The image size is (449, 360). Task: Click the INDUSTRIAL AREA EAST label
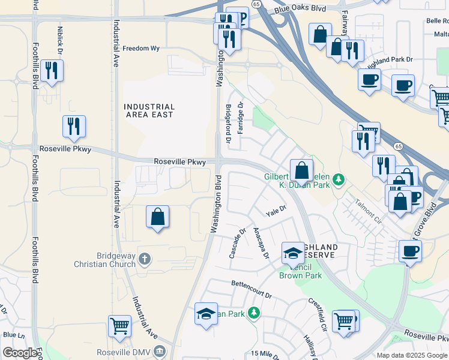(x=149, y=110)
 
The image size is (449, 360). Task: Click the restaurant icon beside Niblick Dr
(x=52, y=71)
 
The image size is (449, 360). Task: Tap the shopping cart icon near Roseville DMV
(x=119, y=326)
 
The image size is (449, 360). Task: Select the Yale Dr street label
(x=276, y=211)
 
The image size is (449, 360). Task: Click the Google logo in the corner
(x=20, y=353)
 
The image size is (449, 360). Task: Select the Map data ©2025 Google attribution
(x=412, y=355)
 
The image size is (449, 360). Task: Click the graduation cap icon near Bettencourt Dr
(x=206, y=313)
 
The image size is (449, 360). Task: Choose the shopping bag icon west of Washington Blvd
(x=157, y=217)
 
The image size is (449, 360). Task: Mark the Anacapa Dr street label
(x=260, y=242)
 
